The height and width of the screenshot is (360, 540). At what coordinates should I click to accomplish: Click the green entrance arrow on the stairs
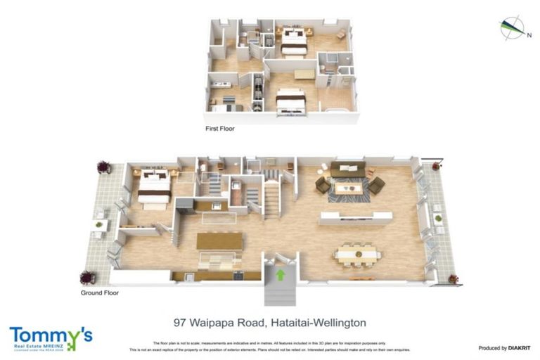(281, 274)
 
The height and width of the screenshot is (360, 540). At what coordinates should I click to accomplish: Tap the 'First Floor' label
(219, 129)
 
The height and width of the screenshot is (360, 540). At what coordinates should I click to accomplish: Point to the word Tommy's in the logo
(51, 334)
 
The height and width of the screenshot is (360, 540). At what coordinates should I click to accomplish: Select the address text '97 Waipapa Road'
(217, 323)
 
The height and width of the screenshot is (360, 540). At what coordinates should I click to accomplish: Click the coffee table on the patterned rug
(349, 188)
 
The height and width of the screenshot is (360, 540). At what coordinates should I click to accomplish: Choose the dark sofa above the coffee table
(348, 169)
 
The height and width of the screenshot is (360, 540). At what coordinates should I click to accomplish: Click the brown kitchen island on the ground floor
(219, 241)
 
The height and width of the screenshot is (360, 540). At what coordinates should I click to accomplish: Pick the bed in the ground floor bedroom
(154, 188)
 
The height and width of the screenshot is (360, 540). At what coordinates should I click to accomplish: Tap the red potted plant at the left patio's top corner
(104, 167)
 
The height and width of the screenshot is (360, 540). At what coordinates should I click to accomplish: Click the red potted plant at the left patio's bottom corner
(88, 277)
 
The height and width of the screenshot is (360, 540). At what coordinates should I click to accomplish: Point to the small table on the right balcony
(438, 219)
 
